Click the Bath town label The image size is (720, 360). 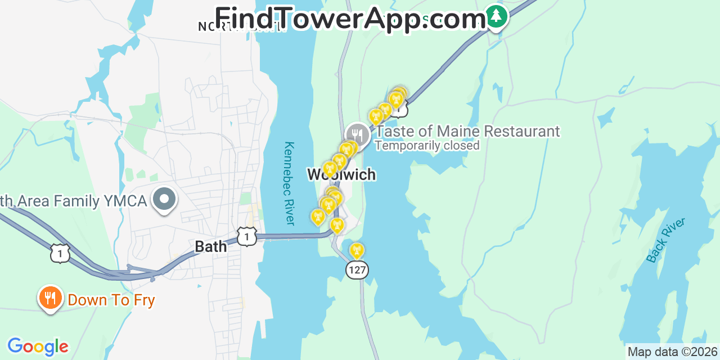211,246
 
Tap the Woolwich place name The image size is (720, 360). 341,174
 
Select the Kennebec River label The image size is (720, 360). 289,183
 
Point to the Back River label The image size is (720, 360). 666,240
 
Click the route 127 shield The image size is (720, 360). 357,270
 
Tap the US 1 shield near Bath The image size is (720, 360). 247,236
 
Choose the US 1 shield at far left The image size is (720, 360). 60,253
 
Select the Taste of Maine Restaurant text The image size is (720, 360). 467,132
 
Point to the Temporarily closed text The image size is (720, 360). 427,146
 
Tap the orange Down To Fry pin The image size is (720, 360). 51,298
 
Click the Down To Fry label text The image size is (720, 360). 111,300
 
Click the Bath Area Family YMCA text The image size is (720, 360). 73,201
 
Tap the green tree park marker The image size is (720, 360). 496,16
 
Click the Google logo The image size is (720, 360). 38,346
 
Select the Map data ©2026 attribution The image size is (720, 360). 673,352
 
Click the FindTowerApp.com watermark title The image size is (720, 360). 350,19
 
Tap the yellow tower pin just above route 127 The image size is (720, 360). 357,250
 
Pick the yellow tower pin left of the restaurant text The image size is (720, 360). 376,116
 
